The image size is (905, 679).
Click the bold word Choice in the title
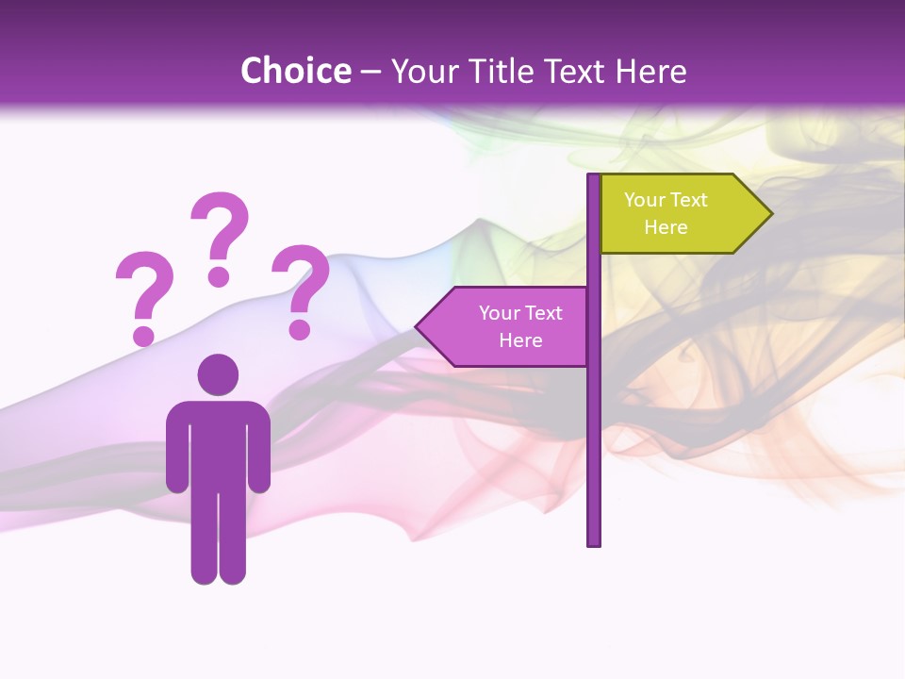pyautogui.click(x=295, y=72)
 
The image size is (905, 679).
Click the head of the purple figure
pyautogui.click(x=218, y=374)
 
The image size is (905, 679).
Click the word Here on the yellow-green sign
pyautogui.click(x=666, y=227)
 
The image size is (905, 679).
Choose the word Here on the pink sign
pyautogui.click(x=520, y=340)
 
